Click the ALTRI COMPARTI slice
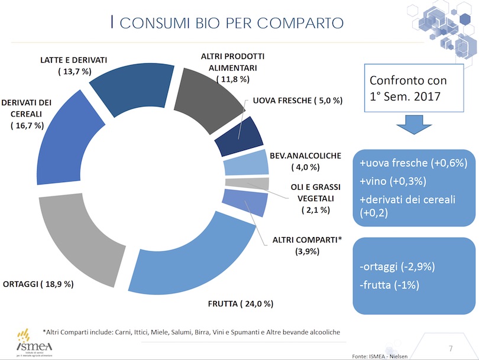coord(243,202)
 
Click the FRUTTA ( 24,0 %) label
coord(240,304)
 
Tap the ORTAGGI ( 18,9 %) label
coord(38,284)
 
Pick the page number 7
coord(451,346)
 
